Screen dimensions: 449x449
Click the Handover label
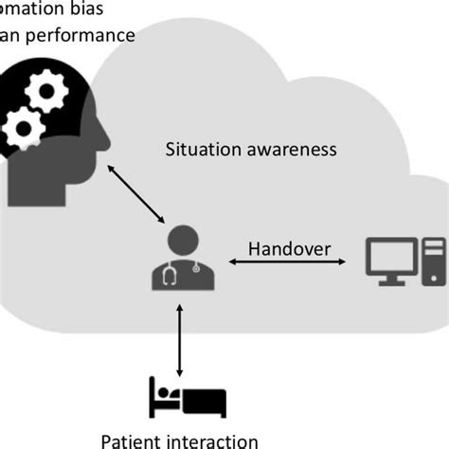(289, 249)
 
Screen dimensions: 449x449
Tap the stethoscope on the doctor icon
(171, 276)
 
